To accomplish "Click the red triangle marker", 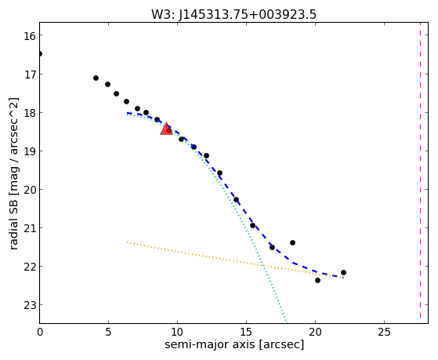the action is coord(166,129).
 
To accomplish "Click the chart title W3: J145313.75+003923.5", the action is coord(233,15).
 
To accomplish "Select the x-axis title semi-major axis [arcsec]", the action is coord(234,344).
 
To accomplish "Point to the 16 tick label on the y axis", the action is coord(29,36).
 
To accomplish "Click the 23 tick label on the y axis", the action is coord(29,305).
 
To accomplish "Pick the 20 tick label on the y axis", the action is coord(29,190).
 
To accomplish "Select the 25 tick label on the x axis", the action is coord(384,332).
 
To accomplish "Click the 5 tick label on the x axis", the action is coord(108,332).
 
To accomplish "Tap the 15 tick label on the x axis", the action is coord(246,332).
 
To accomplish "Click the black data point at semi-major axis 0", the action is coord(40,53).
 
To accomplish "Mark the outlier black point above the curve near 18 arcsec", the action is coord(292,242).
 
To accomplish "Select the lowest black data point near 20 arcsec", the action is coord(317,280).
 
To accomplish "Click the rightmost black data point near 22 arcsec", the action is coord(344,272).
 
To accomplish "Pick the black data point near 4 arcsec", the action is coord(96,78).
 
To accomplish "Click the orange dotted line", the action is coord(234,260).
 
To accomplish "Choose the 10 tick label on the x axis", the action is coord(177,332).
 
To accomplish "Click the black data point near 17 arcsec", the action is coord(272,247).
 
